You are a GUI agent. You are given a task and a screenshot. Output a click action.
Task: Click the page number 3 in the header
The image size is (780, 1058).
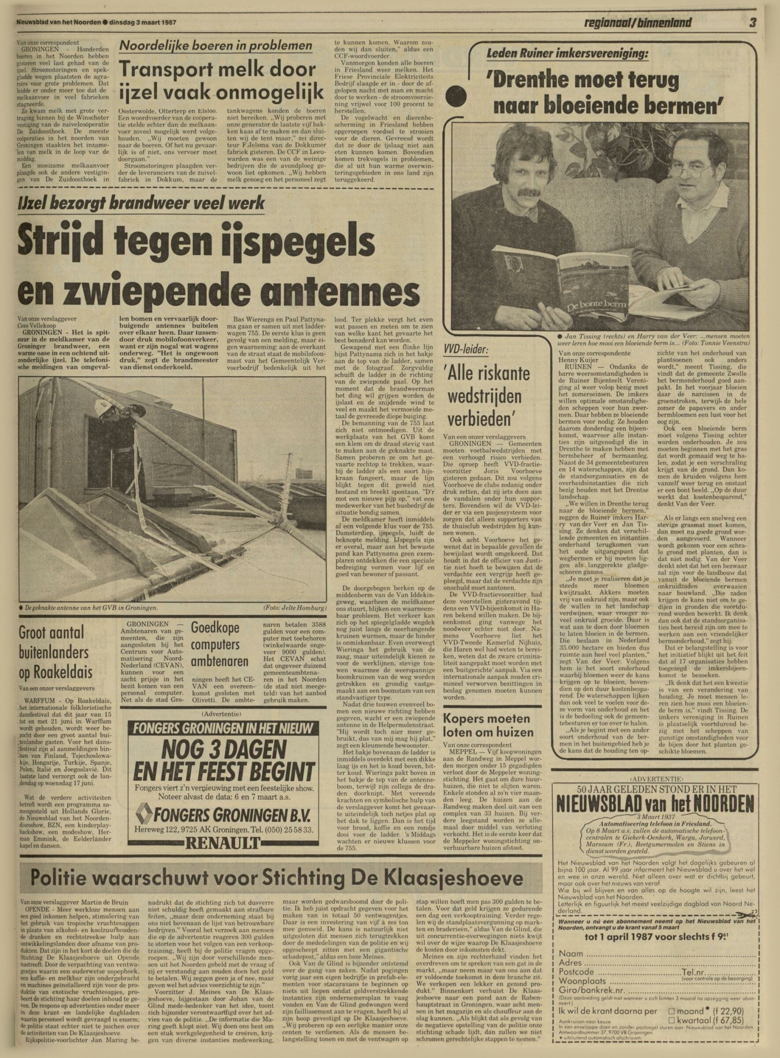[x=752, y=22]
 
